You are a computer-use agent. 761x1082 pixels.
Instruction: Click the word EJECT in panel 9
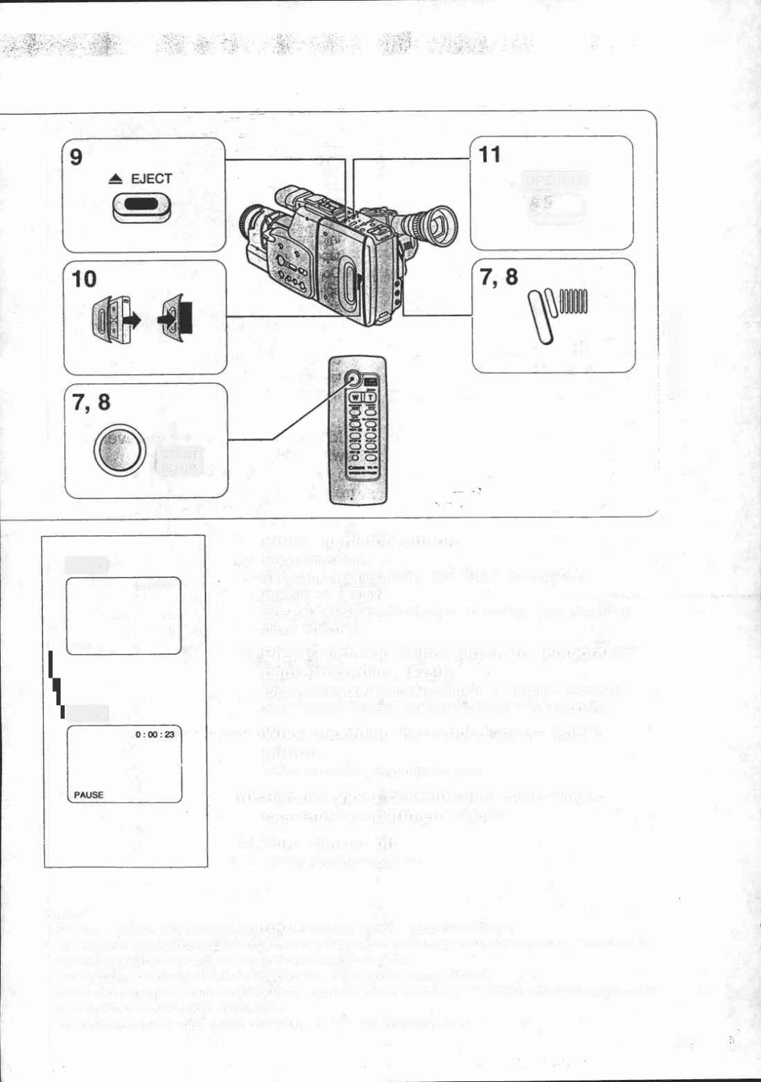[151, 179]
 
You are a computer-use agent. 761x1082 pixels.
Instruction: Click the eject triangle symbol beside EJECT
[116, 180]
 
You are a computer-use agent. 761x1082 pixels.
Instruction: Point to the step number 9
[76, 156]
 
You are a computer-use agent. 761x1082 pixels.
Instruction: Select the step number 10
[84, 279]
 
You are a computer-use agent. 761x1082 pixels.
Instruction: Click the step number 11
[490, 154]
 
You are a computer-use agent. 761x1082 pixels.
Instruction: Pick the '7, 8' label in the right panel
[498, 278]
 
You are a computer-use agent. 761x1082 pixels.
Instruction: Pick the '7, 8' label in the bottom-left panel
[91, 402]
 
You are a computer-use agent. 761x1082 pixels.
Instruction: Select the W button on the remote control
[356, 398]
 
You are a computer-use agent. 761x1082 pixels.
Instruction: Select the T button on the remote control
[369, 398]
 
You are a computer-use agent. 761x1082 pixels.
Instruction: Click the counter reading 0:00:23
[154, 734]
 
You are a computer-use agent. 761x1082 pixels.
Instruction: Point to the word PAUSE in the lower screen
[89, 795]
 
